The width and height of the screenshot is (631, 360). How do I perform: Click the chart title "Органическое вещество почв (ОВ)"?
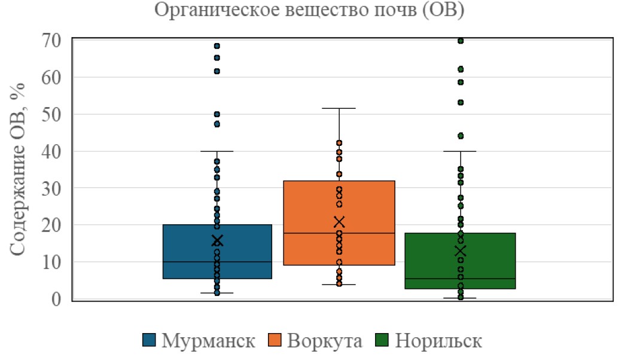tap(310, 10)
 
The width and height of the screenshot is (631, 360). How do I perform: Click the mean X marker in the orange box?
tap(339, 222)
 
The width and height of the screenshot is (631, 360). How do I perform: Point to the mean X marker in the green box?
tap(460, 251)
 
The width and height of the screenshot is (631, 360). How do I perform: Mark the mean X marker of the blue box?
tap(217, 240)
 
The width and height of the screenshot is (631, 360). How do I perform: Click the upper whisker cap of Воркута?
tap(339, 108)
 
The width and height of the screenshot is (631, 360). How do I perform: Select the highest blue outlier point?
tap(217, 46)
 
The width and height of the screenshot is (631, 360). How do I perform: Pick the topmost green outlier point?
tap(461, 41)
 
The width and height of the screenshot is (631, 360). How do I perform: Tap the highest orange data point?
tap(339, 143)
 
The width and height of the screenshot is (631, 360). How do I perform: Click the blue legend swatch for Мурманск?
tap(150, 341)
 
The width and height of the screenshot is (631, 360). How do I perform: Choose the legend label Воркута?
tap(325, 341)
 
